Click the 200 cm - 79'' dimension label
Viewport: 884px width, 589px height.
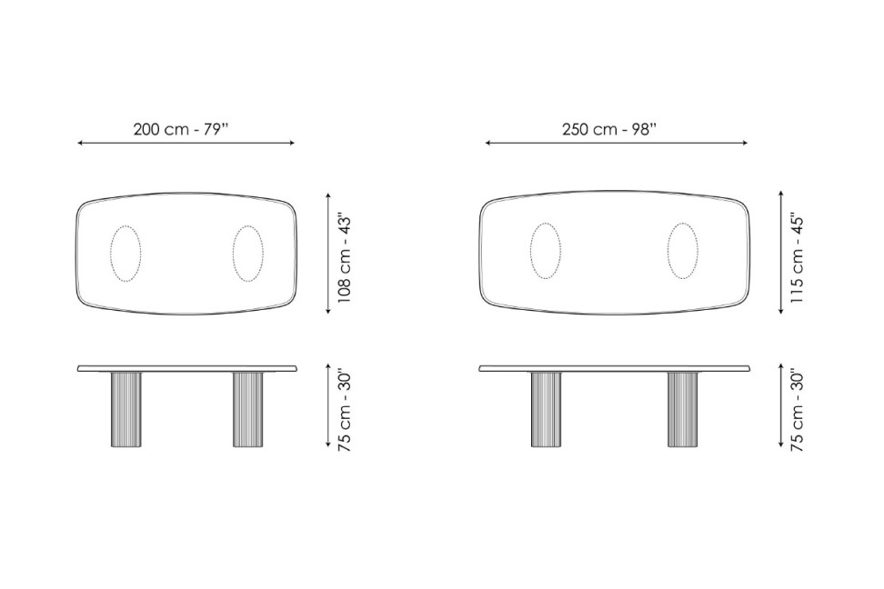click(181, 129)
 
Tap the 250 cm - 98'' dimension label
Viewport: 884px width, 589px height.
click(609, 129)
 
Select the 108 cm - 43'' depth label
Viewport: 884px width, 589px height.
click(345, 257)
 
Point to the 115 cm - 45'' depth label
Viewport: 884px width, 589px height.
click(798, 257)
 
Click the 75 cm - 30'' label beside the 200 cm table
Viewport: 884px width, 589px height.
click(345, 411)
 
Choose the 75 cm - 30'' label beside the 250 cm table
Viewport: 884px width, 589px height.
click(798, 411)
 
